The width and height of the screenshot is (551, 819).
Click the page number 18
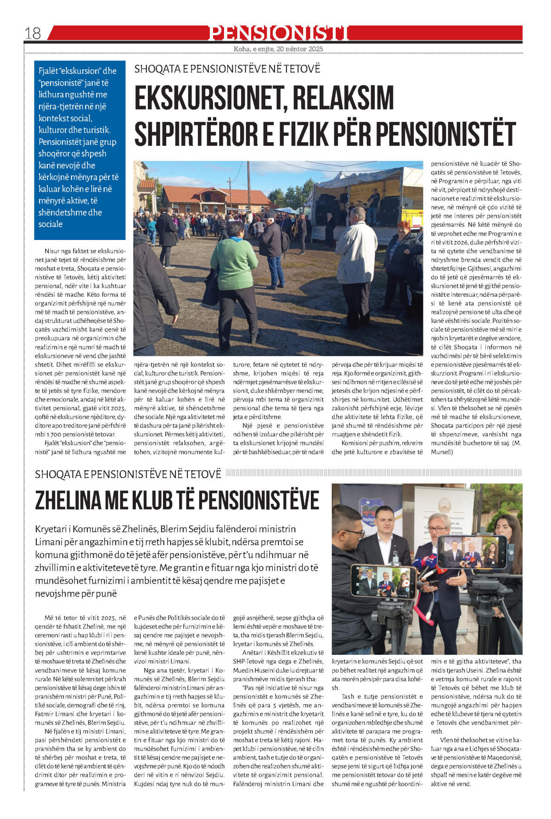point(33,33)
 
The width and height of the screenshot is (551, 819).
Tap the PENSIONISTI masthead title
point(279,33)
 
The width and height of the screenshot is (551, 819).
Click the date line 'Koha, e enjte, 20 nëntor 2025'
point(278,49)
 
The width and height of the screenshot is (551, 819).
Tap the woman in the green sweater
point(235,280)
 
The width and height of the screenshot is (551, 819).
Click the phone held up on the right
point(471,552)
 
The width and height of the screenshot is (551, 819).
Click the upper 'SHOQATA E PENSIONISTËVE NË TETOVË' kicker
point(227,69)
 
